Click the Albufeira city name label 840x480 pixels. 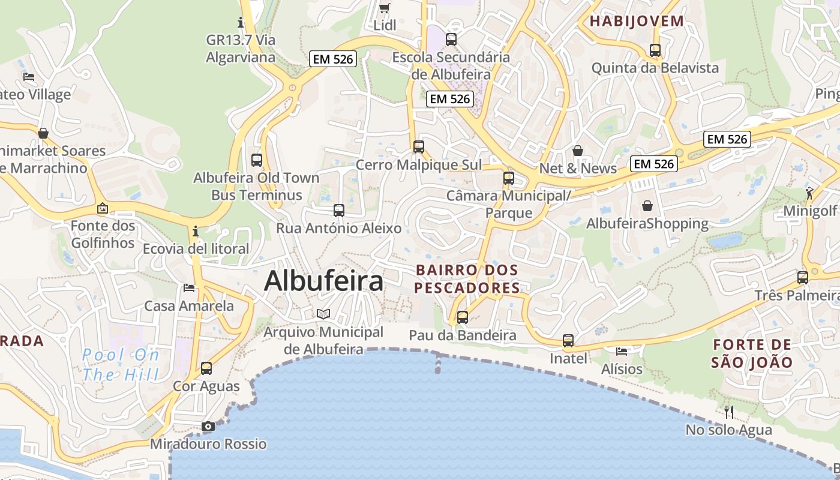coord(323,281)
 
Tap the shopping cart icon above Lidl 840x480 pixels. coord(384,8)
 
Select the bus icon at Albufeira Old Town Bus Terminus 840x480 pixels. coord(257,160)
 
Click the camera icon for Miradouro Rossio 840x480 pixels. coord(208,426)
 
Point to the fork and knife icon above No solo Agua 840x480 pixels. coord(729,412)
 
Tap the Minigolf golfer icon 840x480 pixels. coord(810,193)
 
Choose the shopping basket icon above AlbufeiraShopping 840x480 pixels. coord(647,206)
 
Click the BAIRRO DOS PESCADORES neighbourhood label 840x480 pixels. coord(467,279)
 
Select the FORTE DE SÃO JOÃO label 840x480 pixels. coord(752,353)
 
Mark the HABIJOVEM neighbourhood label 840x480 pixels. coord(637,21)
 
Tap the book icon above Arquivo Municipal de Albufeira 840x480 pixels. coord(323,314)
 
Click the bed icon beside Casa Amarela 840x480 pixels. coord(189,288)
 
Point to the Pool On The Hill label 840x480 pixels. coord(121,365)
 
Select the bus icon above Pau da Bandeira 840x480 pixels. coord(463,317)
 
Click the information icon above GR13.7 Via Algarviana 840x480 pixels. coord(241,23)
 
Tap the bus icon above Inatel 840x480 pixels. coord(568,341)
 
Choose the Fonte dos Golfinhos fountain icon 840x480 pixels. coord(103,208)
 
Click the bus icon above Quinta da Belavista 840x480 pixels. coord(655,50)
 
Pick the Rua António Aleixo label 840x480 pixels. coord(338,228)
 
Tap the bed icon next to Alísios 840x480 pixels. coord(622,351)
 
